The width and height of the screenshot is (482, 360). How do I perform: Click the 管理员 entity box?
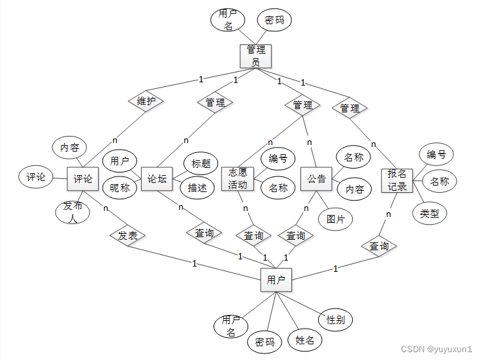click(255, 55)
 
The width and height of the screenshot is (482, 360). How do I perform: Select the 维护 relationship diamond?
click(146, 101)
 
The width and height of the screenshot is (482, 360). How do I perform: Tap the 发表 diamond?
click(127, 235)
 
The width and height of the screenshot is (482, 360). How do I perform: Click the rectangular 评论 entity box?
click(83, 178)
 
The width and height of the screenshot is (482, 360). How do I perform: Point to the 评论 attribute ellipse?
click(36, 177)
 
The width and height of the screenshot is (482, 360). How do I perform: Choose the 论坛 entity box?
click(157, 178)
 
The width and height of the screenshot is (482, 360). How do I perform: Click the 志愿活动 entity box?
click(238, 178)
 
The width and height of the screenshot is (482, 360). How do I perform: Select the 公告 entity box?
click(317, 178)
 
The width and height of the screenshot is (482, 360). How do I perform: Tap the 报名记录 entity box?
click(397, 181)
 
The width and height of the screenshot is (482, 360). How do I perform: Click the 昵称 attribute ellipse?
click(120, 188)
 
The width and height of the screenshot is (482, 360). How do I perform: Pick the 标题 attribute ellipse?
click(201, 163)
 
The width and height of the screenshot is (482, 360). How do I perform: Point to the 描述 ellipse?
click(197, 188)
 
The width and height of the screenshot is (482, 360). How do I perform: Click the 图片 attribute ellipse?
click(336, 218)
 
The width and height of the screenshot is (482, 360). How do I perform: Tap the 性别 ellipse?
click(336, 320)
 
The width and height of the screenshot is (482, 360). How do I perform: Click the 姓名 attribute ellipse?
click(305, 340)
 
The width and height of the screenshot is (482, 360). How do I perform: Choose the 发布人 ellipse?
click(72, 212)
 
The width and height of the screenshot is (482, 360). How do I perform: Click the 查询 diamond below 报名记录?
click(379, 246)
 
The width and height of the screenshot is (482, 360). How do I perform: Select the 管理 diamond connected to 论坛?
click(216, 103)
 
